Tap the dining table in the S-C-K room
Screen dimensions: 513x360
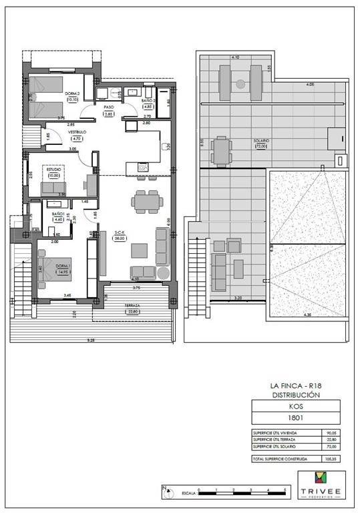point(145,200)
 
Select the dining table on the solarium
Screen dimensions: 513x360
point(221,150)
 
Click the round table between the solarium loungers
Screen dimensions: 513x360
point(240,83)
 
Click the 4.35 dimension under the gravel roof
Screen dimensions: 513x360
point(307,314)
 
